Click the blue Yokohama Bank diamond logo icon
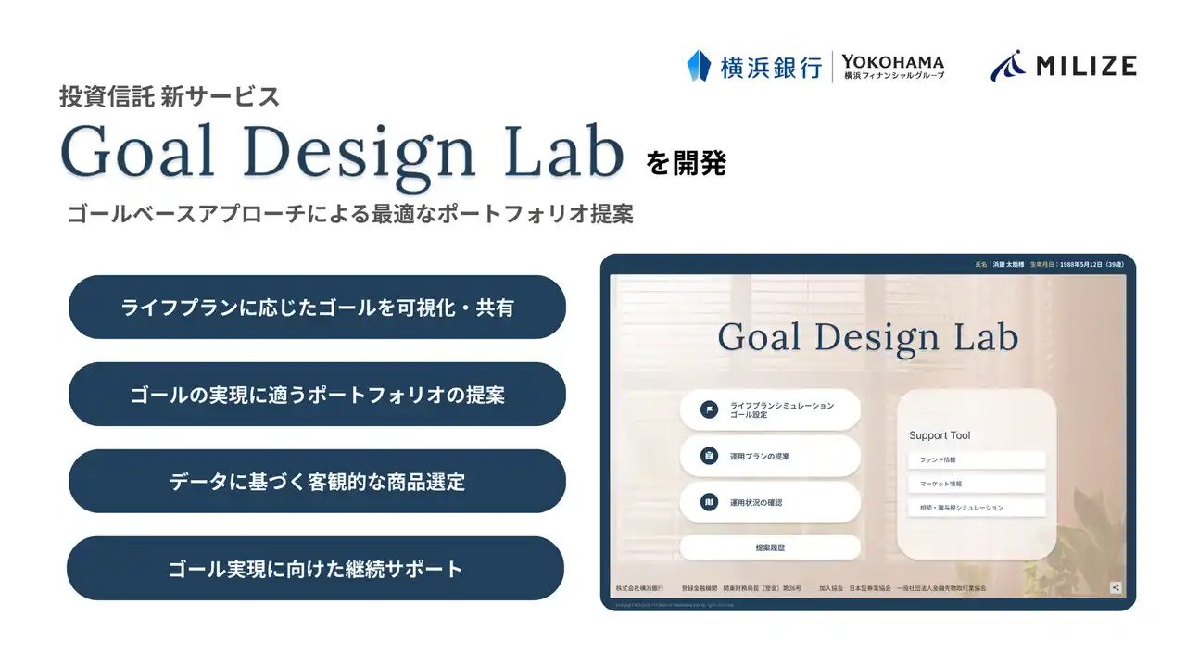coord(699,66)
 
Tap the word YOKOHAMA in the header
coord(892,61)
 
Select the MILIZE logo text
coord(1086,66)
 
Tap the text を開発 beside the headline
coord(687,164)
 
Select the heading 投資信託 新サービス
coord(169,95)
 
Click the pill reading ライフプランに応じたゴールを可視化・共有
coord(317,308)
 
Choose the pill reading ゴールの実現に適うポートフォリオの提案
coord(317,395)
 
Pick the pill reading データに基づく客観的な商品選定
coord(317,482)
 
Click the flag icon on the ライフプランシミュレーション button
coord(709,409)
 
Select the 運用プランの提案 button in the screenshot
coord(769,456)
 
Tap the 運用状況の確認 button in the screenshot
coord(769,502)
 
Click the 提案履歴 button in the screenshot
coord(769,547)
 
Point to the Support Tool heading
coord(940,435)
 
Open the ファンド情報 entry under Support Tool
coord(976,460)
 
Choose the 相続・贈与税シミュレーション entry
coord(976,508)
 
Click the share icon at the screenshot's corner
coord(1116,587)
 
